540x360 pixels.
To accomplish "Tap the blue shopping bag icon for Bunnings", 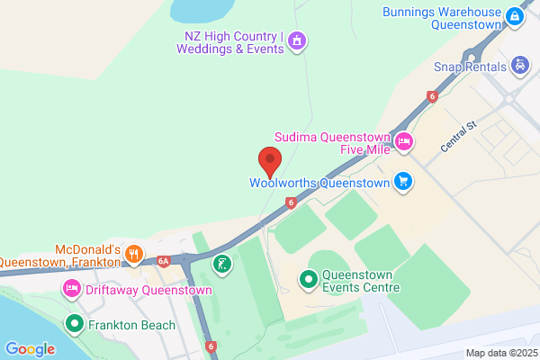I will [513, 16].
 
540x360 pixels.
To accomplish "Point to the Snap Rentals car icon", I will [518, 65].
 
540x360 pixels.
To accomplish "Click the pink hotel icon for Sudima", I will [404, 141].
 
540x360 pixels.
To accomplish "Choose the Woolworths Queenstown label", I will [319, 182].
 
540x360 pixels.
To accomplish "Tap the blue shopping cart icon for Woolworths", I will [403, 182].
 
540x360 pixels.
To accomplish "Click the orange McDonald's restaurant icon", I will [133, 253].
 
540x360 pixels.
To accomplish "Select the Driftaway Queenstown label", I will [149, 291].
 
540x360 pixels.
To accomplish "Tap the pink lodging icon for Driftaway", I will [71, 290].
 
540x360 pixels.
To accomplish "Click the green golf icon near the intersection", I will [220, 264].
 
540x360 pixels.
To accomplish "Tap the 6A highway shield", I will [163, 261].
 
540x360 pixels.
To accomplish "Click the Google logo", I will [30, 348].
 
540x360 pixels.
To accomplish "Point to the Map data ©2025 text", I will [500, 353].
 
